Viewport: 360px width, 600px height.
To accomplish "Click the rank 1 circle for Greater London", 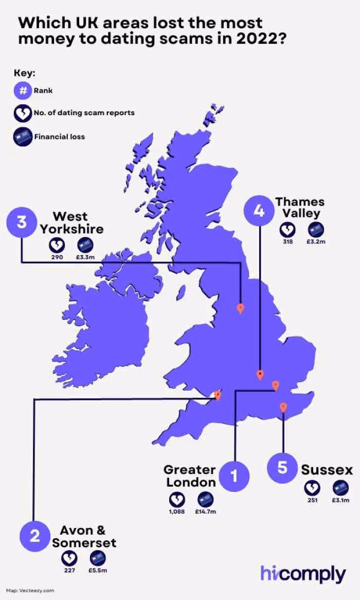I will tap(233, 476).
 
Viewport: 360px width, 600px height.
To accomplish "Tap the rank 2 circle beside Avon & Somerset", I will tap(34, 536).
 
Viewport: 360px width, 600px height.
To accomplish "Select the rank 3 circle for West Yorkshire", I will tap(21, 223).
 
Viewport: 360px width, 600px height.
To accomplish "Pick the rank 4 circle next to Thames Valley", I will tap(259, 211).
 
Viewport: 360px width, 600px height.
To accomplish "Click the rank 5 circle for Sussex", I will tap(282, 467).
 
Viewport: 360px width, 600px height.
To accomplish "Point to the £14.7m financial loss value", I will tap(206, 512).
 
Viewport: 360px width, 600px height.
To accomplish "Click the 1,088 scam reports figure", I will tap(177, 512).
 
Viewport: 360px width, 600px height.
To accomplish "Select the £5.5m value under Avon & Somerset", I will tap(98, 570).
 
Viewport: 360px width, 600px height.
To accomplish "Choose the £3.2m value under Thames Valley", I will tap(316, 241).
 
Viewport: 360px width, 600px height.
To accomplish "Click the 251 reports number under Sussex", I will tap(312, 500).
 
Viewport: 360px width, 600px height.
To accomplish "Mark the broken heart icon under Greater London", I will tap(177, 499).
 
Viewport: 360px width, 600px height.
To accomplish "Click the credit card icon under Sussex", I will tap(340, 487).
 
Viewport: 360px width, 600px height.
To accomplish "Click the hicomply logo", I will tap(303, 574).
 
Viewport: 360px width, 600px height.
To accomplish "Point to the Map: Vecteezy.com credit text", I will tap(30, 591).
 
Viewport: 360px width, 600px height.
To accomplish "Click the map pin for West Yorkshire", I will tap(240, 308).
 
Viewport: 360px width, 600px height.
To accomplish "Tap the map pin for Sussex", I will tap(283, 407).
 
